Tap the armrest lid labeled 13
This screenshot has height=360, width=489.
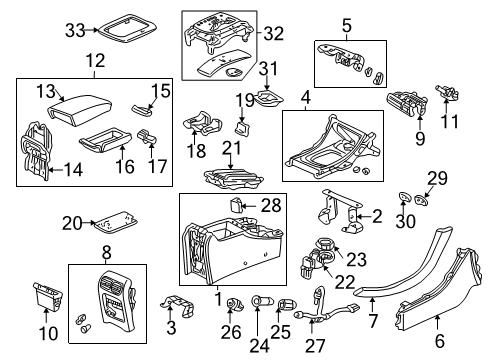tap(65, 102)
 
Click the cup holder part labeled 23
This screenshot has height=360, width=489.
tap(326, 246)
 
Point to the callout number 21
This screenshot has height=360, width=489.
tap(232, 149)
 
